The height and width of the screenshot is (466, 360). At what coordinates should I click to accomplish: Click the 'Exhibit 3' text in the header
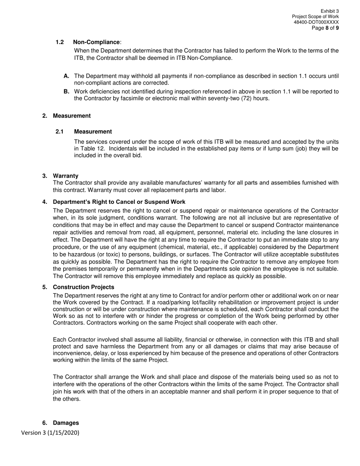(329, 11)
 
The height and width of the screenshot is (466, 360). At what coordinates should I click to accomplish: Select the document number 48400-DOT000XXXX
(316, 22)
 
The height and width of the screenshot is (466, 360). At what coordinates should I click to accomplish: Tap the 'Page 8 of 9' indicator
(325, 28)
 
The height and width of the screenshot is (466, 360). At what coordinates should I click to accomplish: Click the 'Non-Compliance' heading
(96, 42)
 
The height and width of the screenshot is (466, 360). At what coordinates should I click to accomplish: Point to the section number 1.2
(59, 42)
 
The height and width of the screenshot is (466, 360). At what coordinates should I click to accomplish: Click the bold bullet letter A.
(66, 76)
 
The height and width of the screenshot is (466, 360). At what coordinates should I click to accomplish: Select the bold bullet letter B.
(66, 92)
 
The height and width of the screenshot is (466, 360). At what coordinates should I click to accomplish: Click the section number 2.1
(59, 131)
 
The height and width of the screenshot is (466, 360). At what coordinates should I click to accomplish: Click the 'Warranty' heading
(66, 176)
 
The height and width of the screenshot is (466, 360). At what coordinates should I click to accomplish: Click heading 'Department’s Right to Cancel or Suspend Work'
(119, 202)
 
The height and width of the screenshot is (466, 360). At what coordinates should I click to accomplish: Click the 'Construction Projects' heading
(83, 287)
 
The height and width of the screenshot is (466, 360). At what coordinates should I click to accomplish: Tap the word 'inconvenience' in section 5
(71, 353)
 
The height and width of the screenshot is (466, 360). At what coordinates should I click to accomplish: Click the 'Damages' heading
(66, 423)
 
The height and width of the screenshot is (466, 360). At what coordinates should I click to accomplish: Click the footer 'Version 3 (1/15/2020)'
(50, 433)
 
